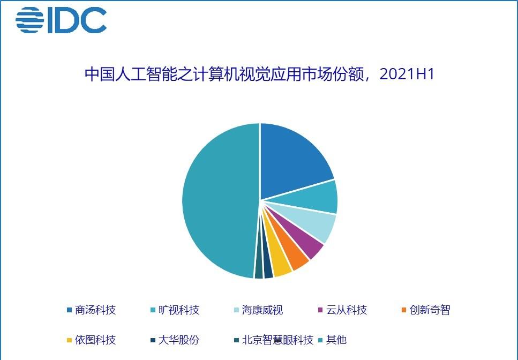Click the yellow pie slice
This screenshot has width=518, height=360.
280,261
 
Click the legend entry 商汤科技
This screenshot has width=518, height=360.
91,310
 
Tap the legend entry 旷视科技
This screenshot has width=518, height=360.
175,310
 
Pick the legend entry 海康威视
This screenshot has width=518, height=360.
259,310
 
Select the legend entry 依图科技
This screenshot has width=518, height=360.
91,340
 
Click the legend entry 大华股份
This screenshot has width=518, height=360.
175,340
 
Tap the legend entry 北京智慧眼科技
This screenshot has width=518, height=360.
274,340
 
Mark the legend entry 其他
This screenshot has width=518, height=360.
332,340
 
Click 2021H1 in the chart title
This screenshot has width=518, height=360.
407,74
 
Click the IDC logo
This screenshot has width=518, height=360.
61,20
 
